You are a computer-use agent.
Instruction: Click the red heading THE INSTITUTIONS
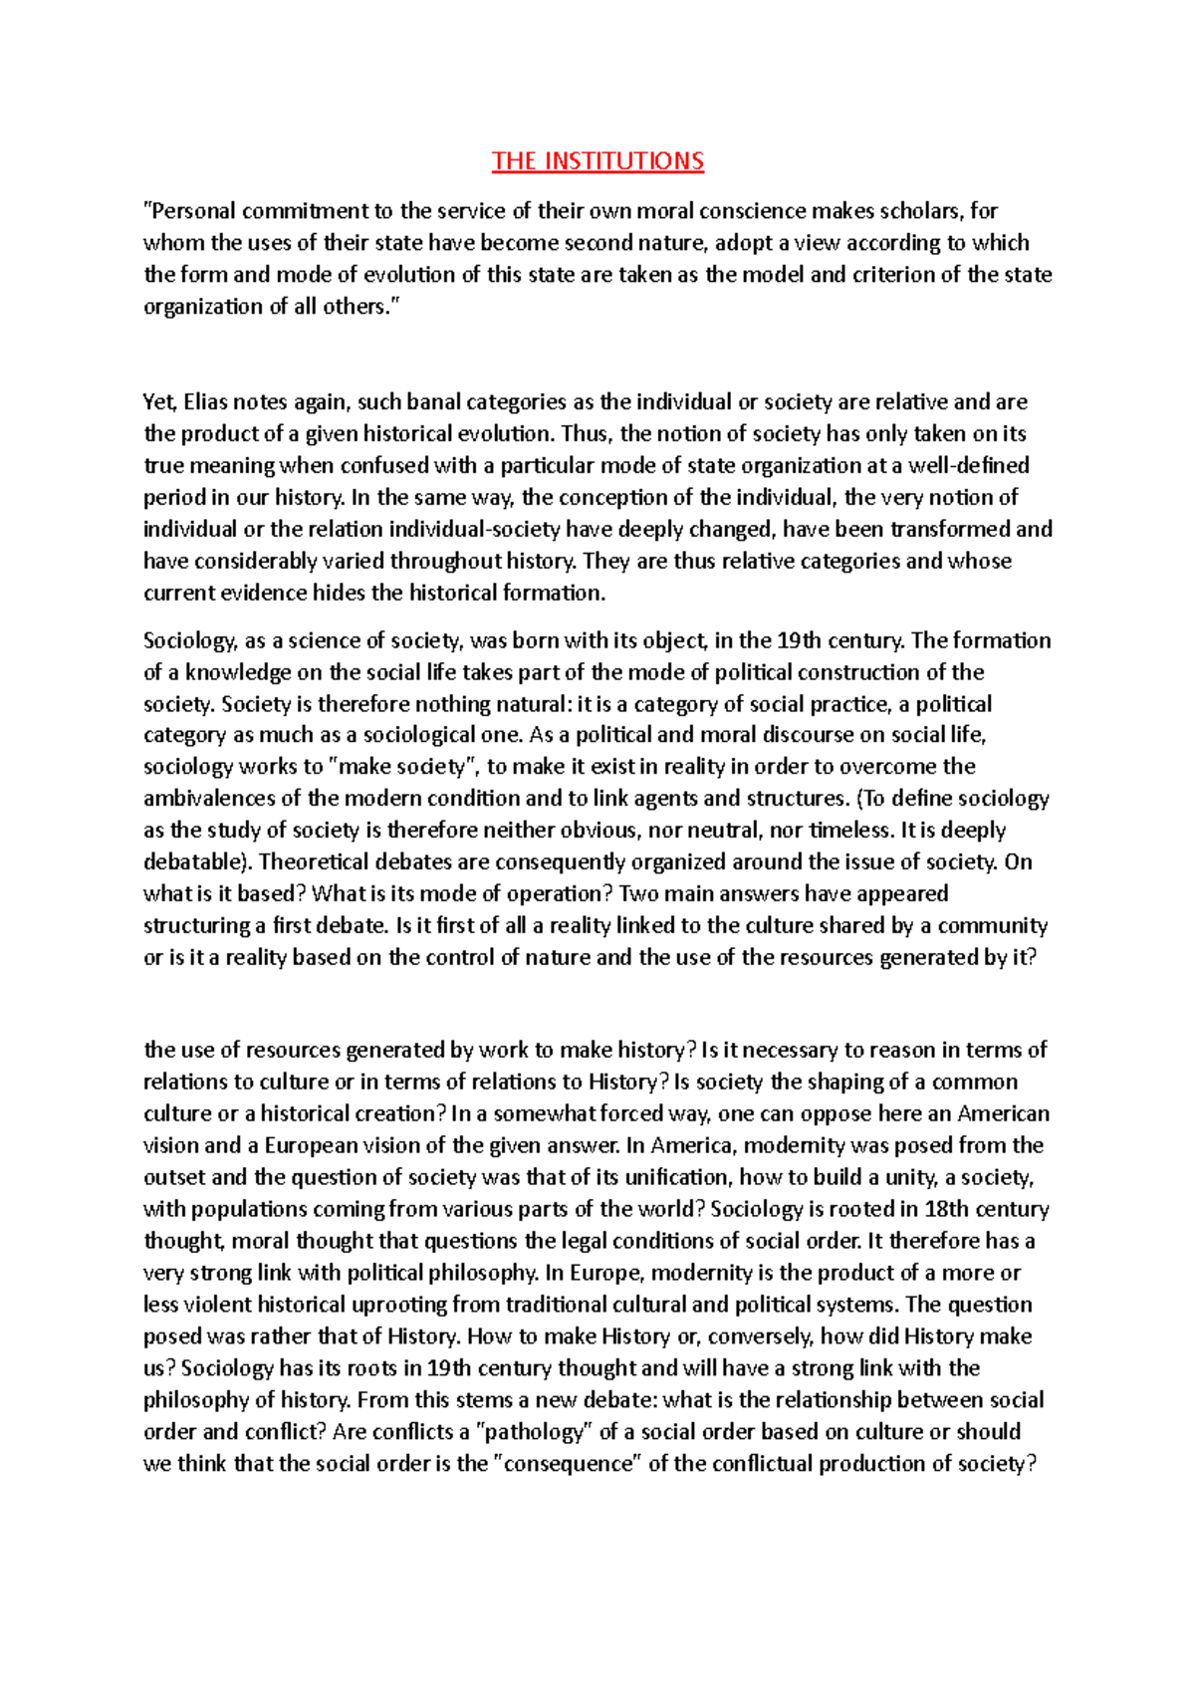point(597,161)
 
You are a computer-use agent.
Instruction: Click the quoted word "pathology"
point(536,1432)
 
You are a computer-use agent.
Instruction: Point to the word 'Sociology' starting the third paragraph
point(189,640)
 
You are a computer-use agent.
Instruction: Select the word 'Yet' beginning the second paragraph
point(159,402)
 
